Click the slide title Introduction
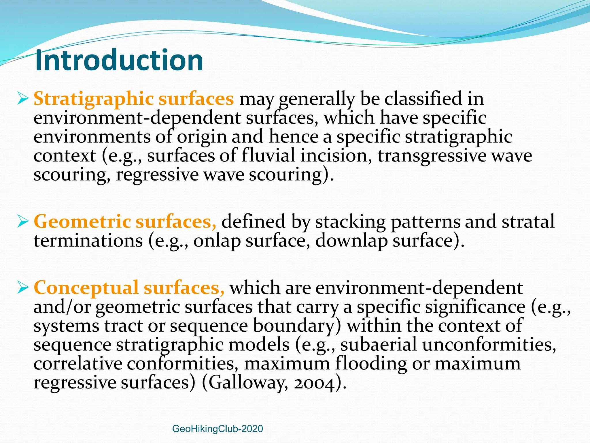tap(119, 60)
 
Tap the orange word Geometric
tap(82, 222)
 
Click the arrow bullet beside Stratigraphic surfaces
tap(23, 99)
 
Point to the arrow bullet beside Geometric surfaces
tap(23, 221)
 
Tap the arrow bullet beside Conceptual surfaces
tap(23, 288)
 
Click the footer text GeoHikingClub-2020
tap(217, 429)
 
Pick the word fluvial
tap(268, 156)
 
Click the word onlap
tap(217, 241)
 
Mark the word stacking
tap(350, 222)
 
